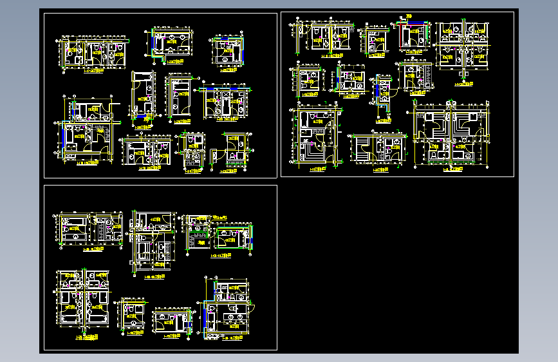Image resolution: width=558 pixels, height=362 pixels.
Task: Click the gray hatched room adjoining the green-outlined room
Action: pyautogui.click(x=197, y=238)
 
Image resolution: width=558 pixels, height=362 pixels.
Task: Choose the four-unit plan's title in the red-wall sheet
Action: pyautogui.click(x=463, y=83)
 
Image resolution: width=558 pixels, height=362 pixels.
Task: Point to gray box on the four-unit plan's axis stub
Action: pyautogui.click(x=464, y=69)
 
